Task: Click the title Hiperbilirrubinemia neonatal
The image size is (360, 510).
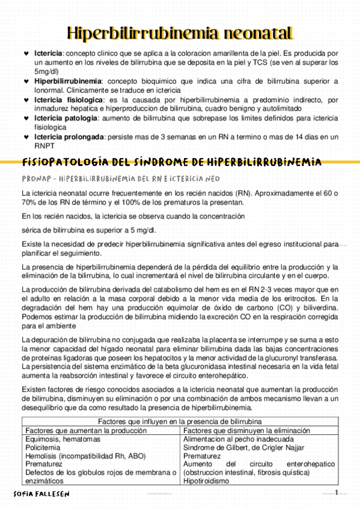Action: click(x=180, y=32)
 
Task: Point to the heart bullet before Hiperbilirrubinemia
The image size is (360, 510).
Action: click(x=25, y=81)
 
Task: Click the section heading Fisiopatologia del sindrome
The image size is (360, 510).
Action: click(x=171, y=162)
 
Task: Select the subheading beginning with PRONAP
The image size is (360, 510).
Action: click(x=120, y=179)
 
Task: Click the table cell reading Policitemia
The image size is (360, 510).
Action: click(x=43, y=448)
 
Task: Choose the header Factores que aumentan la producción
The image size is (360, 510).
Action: click(x=84, y=431)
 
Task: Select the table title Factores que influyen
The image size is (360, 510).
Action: click(x=180, y=422)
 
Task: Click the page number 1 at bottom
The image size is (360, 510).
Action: click(x=337, y=493)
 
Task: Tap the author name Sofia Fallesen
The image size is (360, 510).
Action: click(x=41, y=494)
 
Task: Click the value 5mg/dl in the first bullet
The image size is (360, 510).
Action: click(x=46, y=70)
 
